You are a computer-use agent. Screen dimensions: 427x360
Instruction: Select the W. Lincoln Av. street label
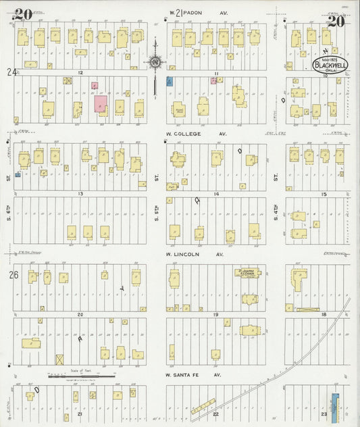click(x=195, y=254)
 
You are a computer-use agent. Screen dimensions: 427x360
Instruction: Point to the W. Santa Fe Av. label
click(x=194, y=374)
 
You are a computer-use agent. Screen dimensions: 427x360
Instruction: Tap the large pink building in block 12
click(x=101, y=104)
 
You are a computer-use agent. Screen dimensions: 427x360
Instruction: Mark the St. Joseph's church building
click(x=247, y=273)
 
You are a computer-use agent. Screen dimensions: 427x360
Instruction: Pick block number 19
click(x=216, y=315)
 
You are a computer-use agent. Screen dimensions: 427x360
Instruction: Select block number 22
click(x=216, y=413)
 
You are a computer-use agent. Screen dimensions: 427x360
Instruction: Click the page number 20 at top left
click(x=22, y=12)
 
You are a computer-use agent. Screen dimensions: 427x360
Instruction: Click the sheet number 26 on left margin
click(x=11, y=275)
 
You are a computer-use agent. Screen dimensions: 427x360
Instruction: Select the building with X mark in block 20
click(x=59, y=359)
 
